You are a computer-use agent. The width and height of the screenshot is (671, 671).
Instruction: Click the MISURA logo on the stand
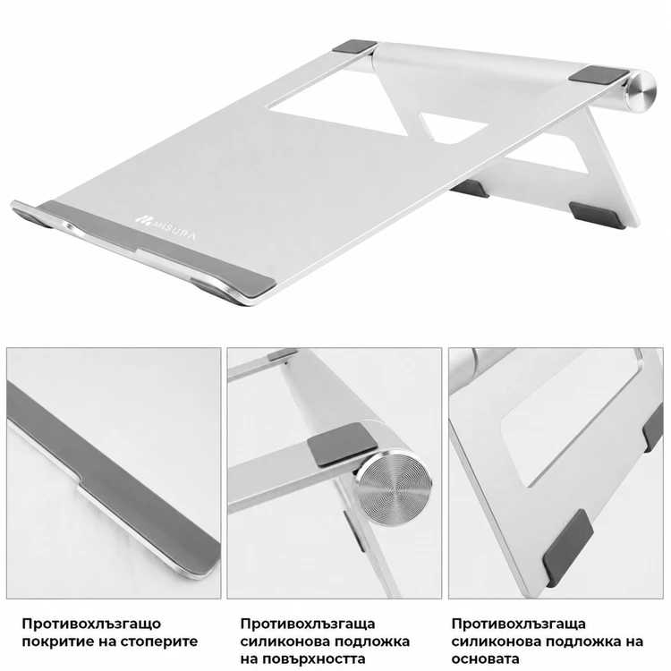coord(166,227)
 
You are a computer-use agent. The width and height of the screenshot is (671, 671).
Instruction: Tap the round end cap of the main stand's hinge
coord(641,92)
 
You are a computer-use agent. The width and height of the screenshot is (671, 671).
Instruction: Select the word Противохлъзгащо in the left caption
coord(91,624)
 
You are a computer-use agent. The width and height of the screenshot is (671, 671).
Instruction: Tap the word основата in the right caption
coord(485,659)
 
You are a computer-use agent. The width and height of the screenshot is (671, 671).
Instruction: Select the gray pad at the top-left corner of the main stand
coord(354,47)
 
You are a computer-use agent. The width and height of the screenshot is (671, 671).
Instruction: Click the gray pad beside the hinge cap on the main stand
coord(601,75)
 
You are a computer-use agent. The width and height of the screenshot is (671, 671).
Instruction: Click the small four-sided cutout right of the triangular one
coord(454,127)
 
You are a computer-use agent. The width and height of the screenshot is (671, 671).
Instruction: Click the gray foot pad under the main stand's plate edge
coord(470,188)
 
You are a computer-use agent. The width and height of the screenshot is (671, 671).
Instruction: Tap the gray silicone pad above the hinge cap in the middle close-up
coord(343,444)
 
